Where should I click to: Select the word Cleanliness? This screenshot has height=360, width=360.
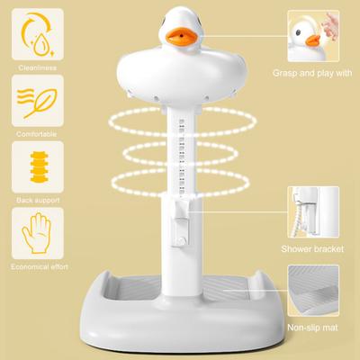pos(35,66)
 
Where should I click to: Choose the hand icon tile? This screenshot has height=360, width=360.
pos(35,232)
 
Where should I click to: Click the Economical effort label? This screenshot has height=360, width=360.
pos(35,265)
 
